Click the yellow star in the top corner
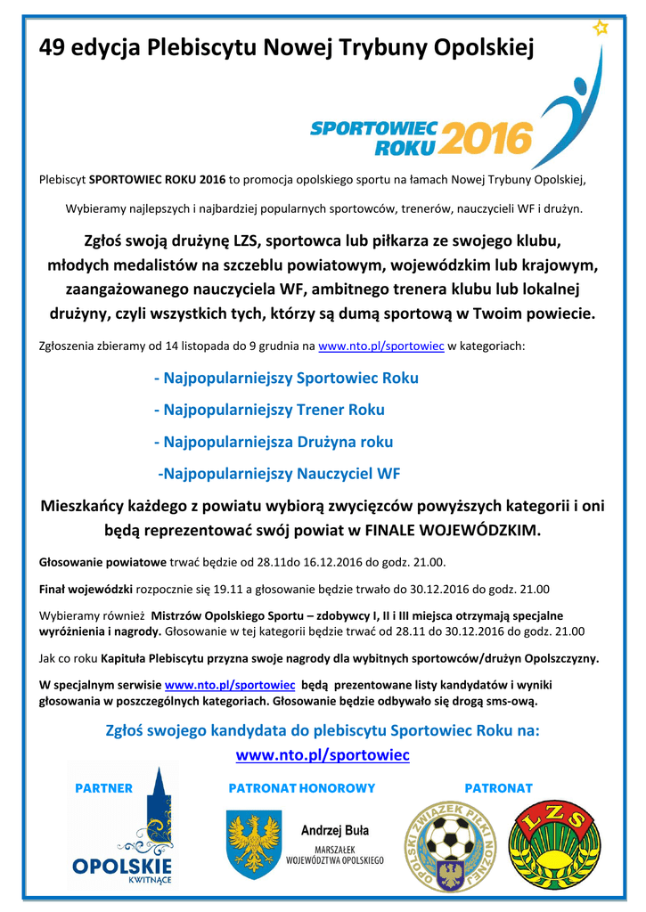tap(601, 28)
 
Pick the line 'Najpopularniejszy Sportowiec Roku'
tap(286, 378)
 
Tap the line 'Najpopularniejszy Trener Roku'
tap(269, 410)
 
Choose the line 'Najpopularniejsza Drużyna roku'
tap(274, 442)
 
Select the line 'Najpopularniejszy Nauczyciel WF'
tap(279, 474)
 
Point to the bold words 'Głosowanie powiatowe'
tap(102, 564)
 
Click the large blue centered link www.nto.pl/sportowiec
tap(323, 755)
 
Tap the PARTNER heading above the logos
tap(103, 788)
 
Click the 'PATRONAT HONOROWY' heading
tap(302, 788)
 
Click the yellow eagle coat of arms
tap(254, 842)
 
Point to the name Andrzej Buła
tap(335, 831)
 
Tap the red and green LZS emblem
tap(549, 843)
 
